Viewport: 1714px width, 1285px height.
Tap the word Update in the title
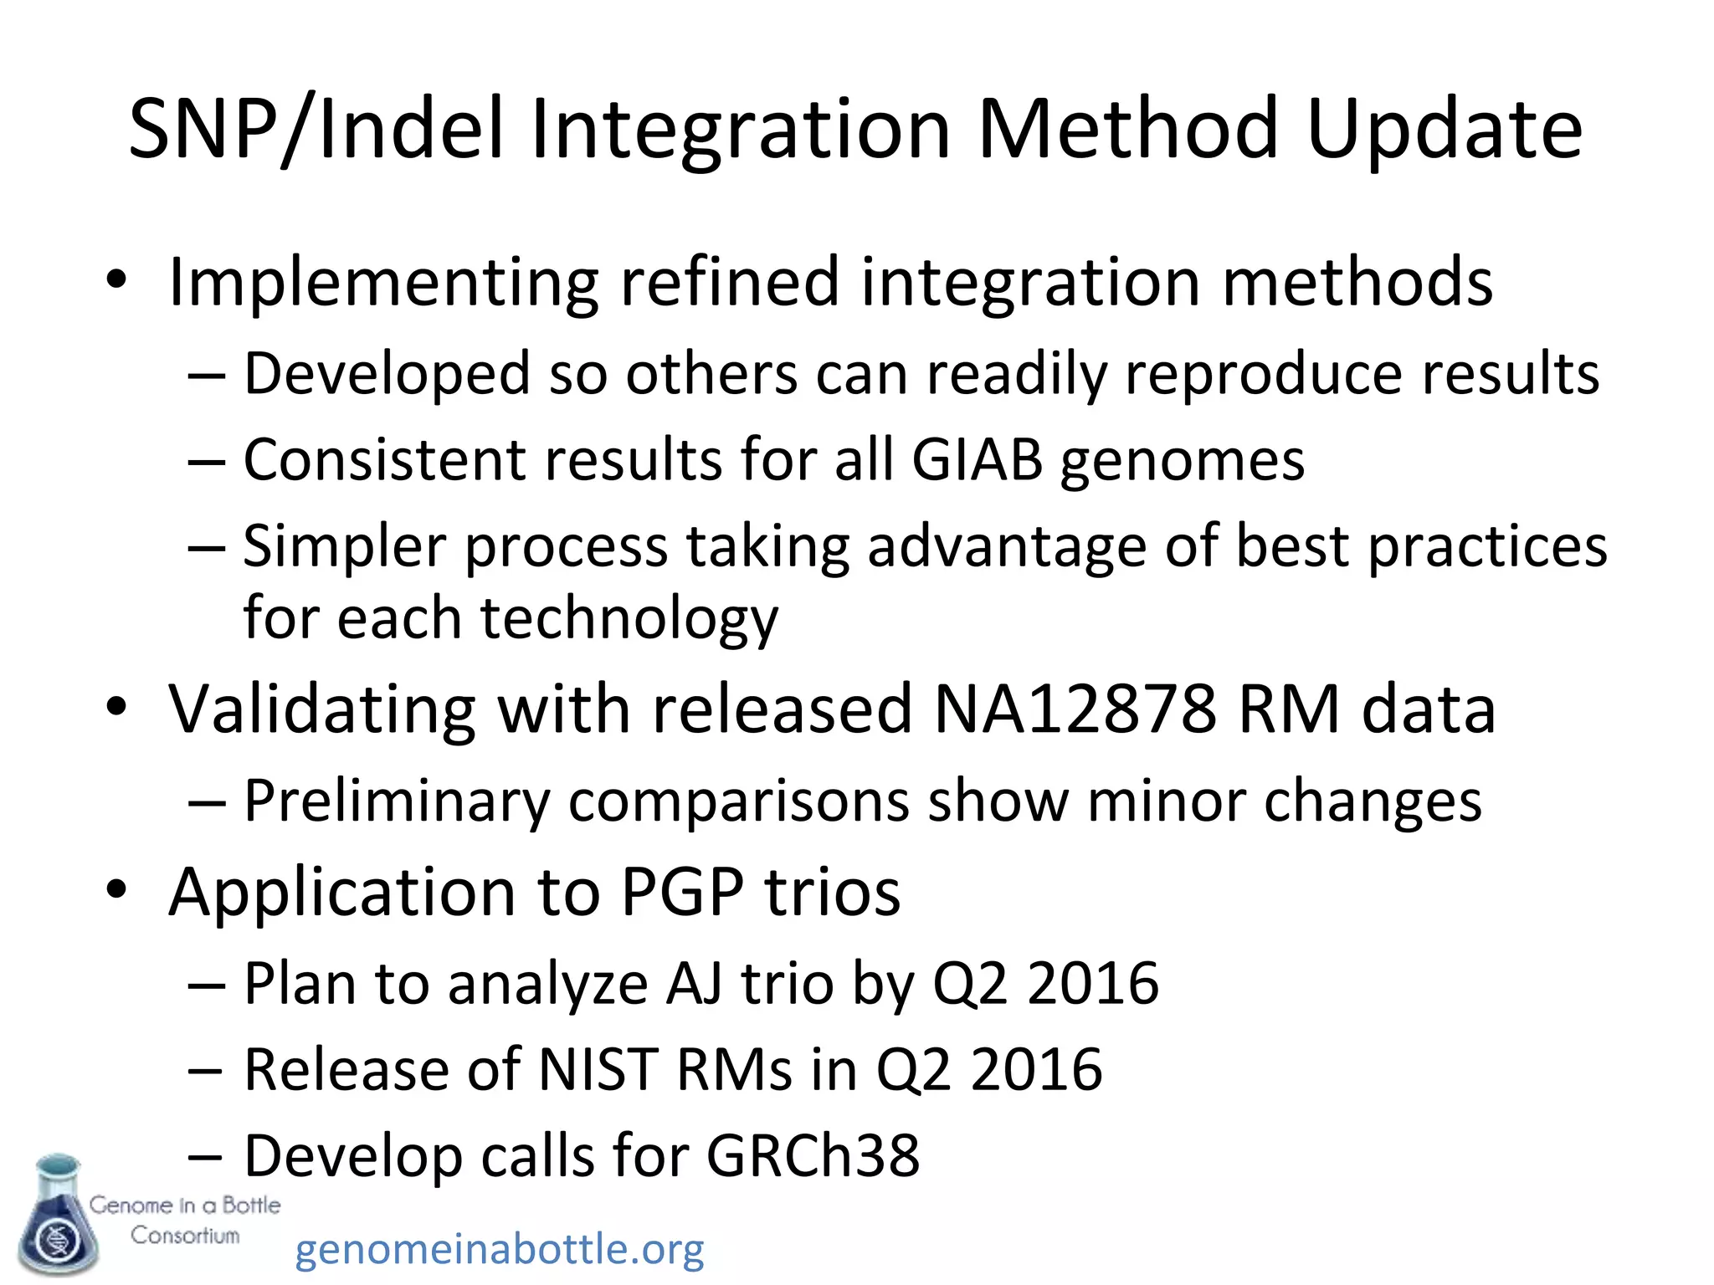1444,130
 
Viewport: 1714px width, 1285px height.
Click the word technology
629,619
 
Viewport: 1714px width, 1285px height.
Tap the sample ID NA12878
1075,709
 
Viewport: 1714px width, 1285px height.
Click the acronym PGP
682,892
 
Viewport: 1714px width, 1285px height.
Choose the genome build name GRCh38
813,1156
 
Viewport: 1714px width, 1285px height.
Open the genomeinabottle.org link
500,1250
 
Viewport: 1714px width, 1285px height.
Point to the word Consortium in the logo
185,1236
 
